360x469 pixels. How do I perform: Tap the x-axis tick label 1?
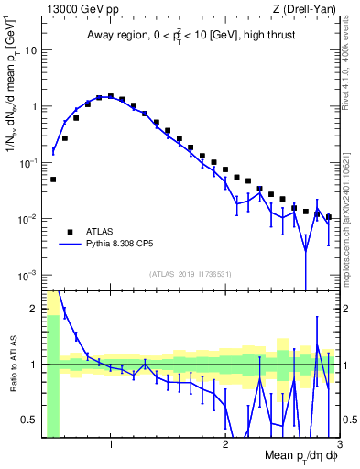click(x=111, y=446)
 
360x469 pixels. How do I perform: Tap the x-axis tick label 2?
click(x=225, y=446)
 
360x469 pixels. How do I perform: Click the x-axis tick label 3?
click(x=338, y=446)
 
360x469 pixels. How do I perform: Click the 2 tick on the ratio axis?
click(x=34, y=308)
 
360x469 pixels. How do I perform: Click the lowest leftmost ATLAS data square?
click(x=53, y=180)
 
